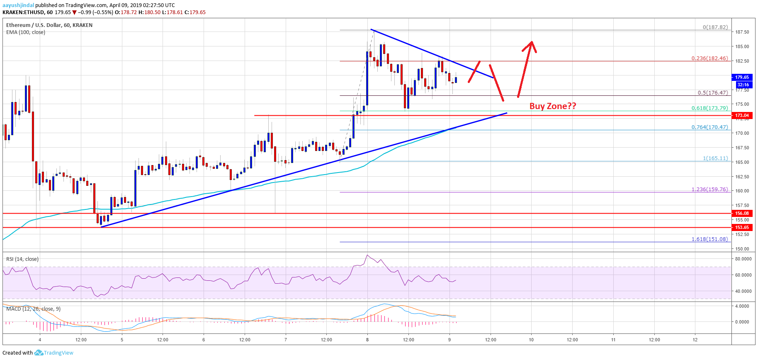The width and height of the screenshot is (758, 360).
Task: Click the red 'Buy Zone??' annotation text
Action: (552, 106)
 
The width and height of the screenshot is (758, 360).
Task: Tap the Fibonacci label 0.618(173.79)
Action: (709, 108)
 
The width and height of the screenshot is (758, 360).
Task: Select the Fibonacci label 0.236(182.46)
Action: (709, 58)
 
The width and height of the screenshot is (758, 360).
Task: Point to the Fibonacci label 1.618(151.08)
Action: (709, 239)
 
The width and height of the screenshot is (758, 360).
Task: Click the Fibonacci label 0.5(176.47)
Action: (712, 93)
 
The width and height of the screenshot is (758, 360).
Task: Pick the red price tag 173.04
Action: (742, 115)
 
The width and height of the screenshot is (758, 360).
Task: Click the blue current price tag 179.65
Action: (742, 77)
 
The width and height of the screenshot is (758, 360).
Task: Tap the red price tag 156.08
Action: (742, 213)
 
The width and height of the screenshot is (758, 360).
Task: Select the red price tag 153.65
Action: (742, 227)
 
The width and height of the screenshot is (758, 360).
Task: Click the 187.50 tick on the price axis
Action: (742, 32)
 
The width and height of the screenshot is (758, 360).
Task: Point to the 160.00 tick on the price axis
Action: (742, 191)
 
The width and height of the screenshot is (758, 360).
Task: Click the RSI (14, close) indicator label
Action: (22, 259)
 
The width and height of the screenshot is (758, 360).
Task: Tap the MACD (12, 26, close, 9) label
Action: (33, 309)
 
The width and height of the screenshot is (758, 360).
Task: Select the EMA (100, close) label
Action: (26, 32)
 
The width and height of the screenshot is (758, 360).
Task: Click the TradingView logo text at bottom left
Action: (58, 353)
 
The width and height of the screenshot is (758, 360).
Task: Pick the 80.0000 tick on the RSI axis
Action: (743, 259)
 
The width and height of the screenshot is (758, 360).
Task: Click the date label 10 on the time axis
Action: (531, 340)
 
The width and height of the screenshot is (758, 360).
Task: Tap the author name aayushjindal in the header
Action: (18, 5)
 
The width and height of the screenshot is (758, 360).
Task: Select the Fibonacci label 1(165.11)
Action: (715, 158)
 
